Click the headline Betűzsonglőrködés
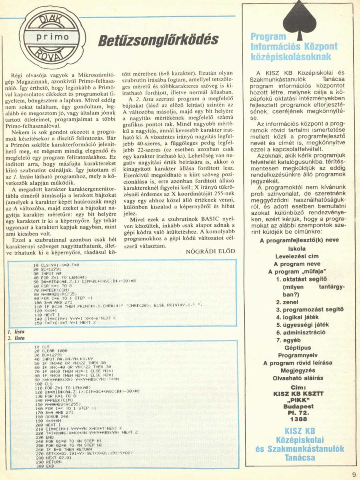[159, 40]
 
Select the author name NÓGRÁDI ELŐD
[211, 251]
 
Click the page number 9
[354, 474]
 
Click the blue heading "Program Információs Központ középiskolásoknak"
[294, 47]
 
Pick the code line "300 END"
[44, 466]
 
